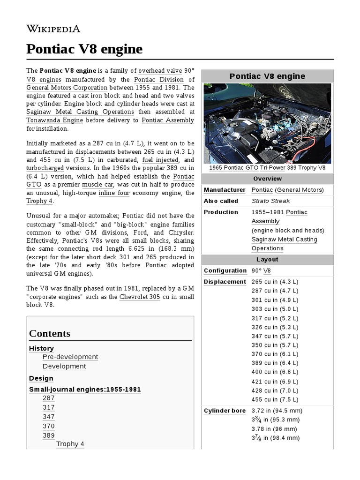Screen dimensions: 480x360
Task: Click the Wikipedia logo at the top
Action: pyautogui.click(x=53, y=29)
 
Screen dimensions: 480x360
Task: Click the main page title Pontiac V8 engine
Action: pyautogui.click(x=84, y=49)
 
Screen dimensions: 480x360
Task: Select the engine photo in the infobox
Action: pyautogui.click(x=267, y=123)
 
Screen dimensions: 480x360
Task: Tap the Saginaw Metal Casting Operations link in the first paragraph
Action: pyautogui.click(x=80, y=112)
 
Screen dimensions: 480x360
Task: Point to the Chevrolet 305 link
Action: pyautogui.click(x=140, y=297)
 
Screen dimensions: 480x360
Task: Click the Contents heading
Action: pyautogui.click(x=50, y=334)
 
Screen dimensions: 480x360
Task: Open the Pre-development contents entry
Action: pyautogui.click(x=70, y=357)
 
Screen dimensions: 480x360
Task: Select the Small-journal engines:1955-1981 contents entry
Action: pyautogui.click(x=85, y=390)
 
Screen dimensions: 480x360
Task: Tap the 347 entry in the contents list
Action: pyautogui.click(x=49, y=417)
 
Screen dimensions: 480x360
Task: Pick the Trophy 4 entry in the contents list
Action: pyautogui.click(x=70, y=444)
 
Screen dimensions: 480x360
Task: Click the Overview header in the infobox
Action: pyautogui.click(x=267, y=179)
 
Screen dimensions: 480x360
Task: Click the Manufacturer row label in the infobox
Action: pyautogui.click(x=225, y=190)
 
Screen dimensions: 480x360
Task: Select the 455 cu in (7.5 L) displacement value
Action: pyautogui.click(x=275, y=399)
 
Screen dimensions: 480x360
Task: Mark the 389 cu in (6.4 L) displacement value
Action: pyautogui.click(x=275, y=363)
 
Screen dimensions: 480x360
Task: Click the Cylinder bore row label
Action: pyautogui.click(x=225, y=411)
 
